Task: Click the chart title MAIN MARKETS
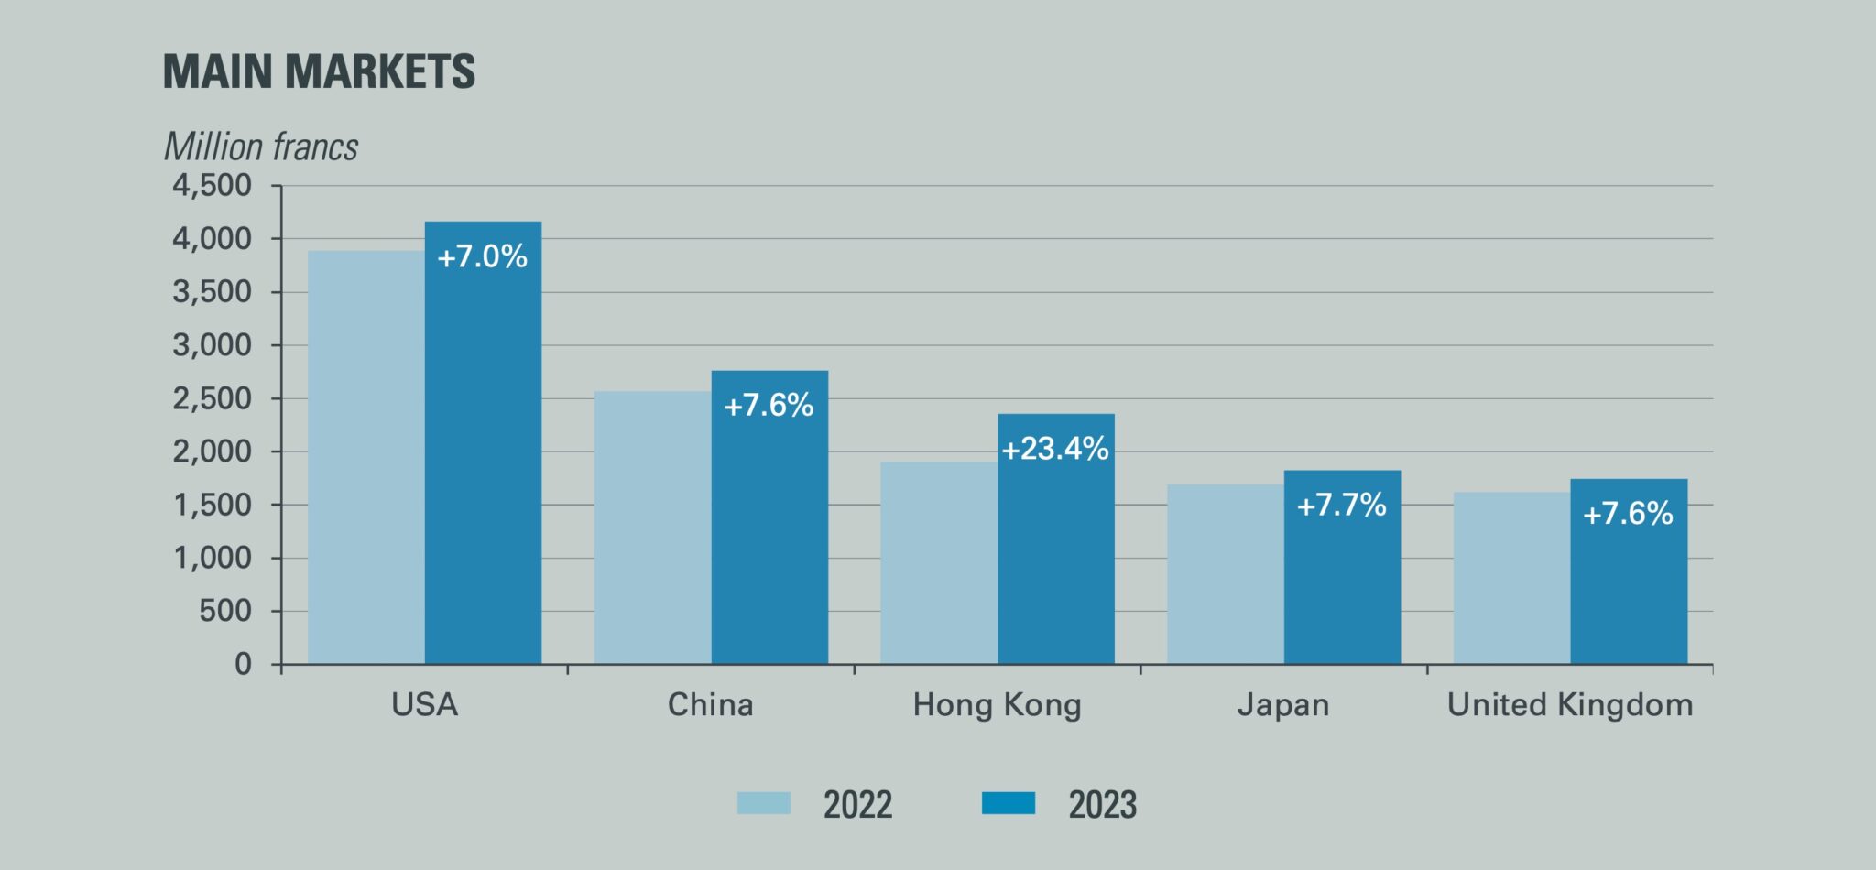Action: tap(319, 71)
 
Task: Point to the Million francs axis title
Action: tap(261, 147)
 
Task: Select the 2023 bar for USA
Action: tap(483, 458)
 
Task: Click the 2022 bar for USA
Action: tap(366, 458)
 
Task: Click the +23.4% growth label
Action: tap(1055, 449)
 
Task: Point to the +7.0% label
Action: tap(483, 256)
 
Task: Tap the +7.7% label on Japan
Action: tap(1342, 505)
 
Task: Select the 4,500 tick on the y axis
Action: tap(212, 186)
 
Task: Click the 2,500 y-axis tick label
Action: tap(212, 398)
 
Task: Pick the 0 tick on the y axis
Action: tap(243, 664)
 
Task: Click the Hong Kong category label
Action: tap(998, 705)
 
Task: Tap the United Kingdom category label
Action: tap(1570, 705)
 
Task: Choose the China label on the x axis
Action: tap(711, 705)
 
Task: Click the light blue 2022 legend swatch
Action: tap(764, 803)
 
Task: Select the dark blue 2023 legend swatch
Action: tap(1009, 803)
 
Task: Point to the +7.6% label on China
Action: tap(769, 405)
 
